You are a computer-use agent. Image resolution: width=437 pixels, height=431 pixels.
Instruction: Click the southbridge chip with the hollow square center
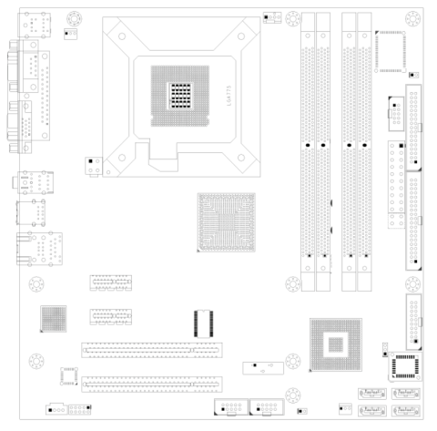(335, 344)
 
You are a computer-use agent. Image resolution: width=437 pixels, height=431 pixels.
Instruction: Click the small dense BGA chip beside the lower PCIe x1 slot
(54, 318)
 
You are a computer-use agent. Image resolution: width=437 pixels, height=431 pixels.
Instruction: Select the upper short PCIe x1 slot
(110, 282)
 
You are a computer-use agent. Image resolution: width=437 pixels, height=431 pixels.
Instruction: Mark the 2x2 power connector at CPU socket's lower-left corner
(91, 166)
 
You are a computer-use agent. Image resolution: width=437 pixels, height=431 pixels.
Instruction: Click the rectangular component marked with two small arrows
(262, 368)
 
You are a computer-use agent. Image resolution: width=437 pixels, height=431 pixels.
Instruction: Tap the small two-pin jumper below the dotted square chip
(413, 76)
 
